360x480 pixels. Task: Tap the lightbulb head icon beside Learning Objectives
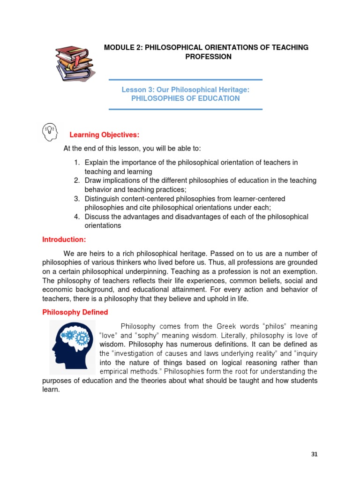(50, 132)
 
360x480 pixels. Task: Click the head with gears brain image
(73, 347)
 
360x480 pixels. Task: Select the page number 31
(315, 454)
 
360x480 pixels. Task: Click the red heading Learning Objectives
(104, 135)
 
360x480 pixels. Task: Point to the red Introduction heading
(64, 240)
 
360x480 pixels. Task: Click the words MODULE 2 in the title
(123, 47)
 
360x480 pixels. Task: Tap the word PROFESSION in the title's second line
(208, 57)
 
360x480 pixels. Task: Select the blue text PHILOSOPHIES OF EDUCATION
(185, 98)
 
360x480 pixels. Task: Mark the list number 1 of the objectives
(76, 162)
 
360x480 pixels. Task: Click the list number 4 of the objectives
(76, 217)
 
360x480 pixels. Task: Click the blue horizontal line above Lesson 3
(185, 80)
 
